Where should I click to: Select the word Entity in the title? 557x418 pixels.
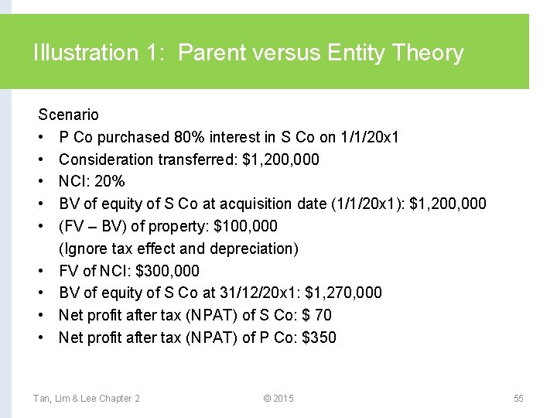coord(357,53)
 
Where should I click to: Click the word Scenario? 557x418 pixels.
coord(69,115)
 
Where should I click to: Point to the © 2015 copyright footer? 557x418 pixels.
coord(278,398)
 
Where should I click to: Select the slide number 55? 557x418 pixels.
coord(518,398)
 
